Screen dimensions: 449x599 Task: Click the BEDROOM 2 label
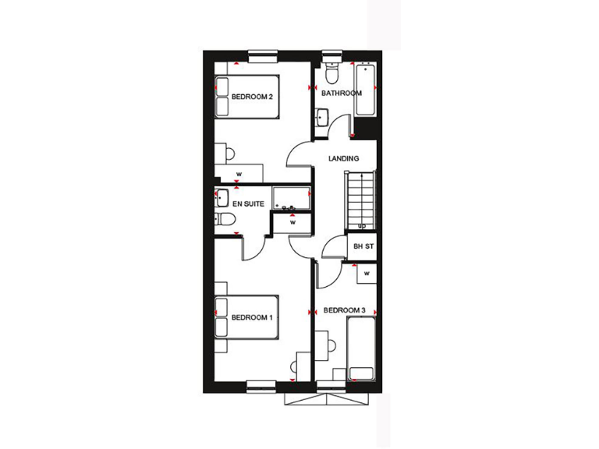251,97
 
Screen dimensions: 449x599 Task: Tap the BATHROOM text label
342,94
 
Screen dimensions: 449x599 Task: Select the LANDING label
343,159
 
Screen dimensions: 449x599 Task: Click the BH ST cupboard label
364,246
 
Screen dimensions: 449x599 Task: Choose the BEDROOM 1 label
251,317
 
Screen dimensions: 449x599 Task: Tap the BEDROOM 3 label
344,310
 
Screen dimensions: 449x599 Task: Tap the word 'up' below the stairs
361,226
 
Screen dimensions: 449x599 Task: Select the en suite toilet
222,221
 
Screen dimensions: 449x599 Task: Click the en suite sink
222,196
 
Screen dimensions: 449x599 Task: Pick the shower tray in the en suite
291,198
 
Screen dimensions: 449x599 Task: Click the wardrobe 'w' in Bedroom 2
239,173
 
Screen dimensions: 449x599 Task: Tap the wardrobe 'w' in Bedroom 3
365,274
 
